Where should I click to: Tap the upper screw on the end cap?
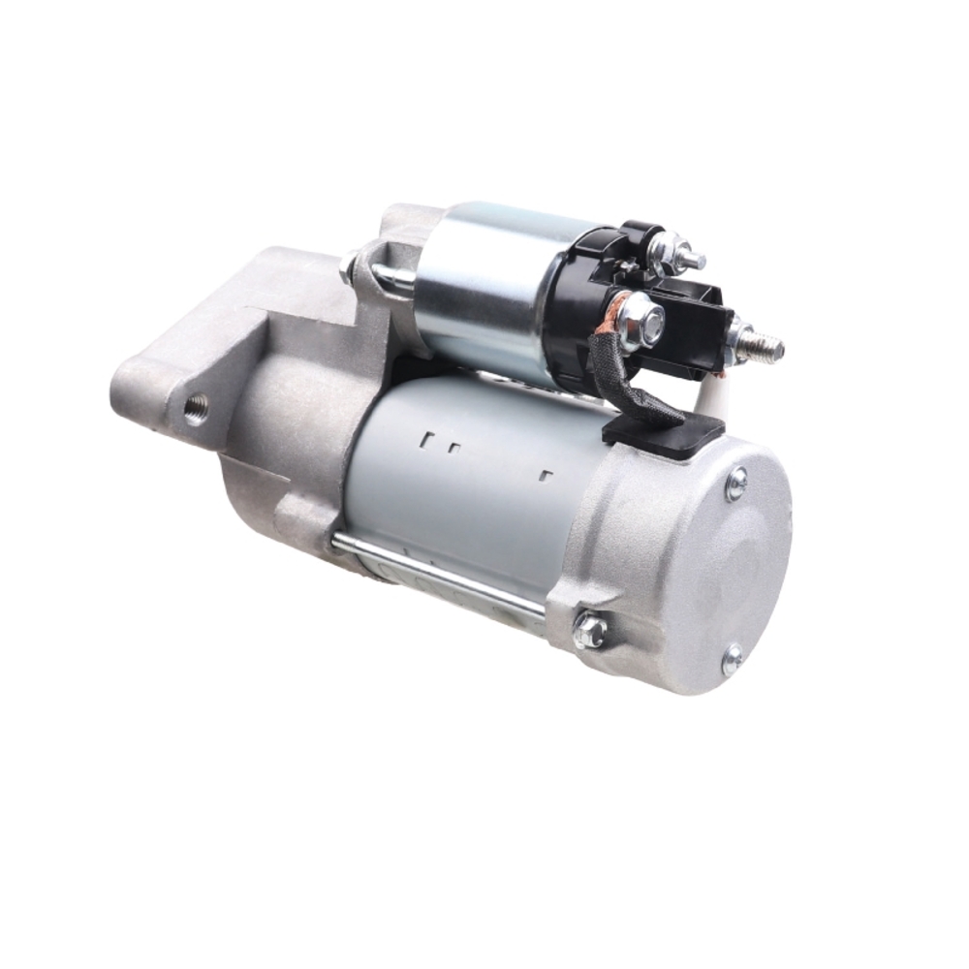point(736,483)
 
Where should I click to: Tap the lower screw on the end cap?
point(734,660)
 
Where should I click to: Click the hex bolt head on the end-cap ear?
point(589,631)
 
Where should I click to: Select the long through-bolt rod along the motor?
point(436,572)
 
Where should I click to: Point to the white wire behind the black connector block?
point(712,392)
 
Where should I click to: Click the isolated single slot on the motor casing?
point(546,476)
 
